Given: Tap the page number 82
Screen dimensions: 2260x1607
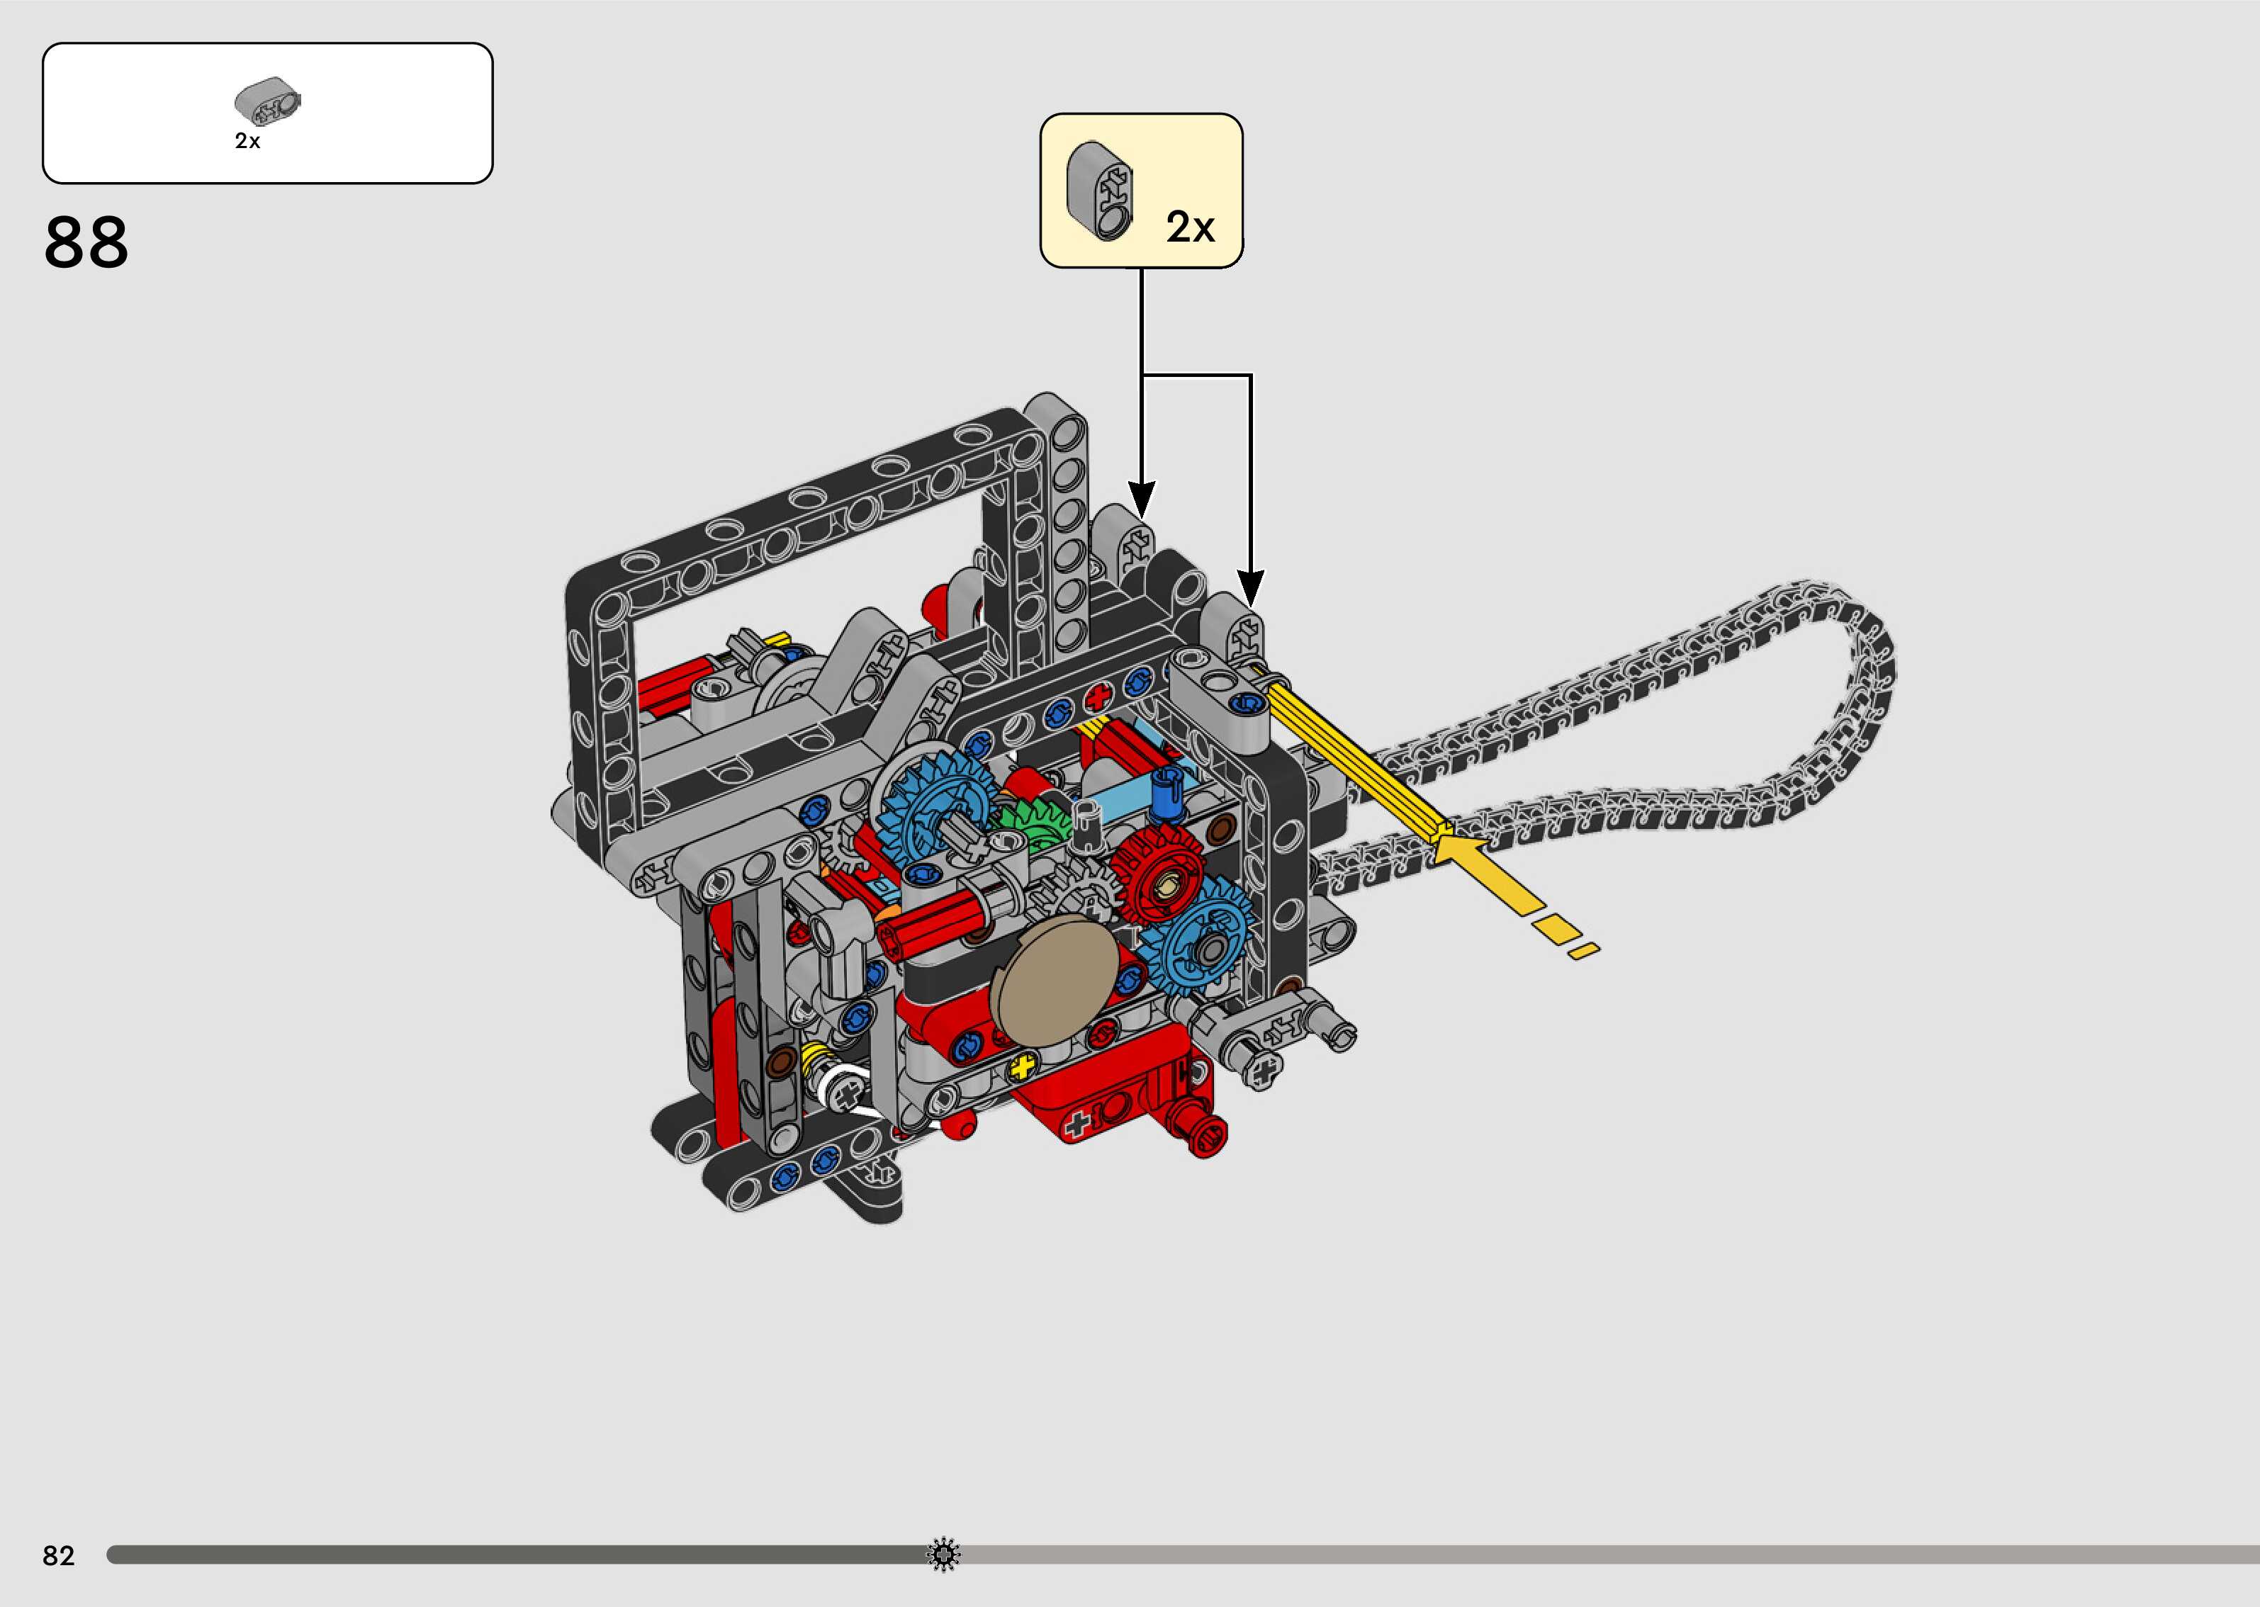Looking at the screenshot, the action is point(58,1555).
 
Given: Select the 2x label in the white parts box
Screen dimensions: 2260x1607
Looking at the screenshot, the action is point(247,142).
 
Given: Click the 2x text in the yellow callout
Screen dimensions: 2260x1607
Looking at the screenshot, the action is point(1189,227).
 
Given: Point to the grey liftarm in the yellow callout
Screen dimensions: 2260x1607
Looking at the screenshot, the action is point(1101,191).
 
